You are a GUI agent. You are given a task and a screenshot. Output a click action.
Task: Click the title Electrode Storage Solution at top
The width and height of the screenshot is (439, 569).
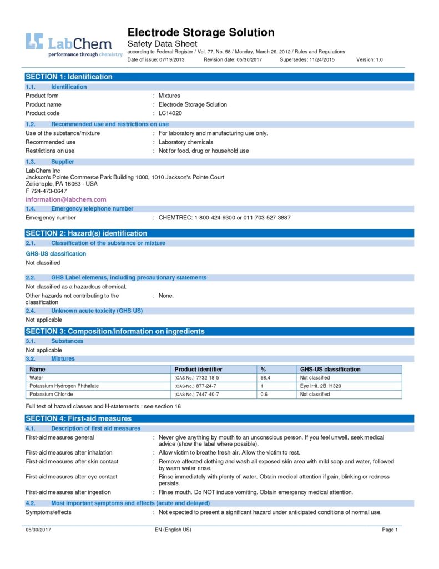tap(201, 32)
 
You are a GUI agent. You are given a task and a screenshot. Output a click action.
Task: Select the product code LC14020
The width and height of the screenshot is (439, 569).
tap(170, 113)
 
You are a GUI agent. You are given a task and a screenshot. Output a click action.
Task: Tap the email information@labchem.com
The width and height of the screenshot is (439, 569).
tap(66, 199)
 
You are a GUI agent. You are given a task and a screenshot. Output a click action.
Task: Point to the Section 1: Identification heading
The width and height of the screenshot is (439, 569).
tap(69, 77)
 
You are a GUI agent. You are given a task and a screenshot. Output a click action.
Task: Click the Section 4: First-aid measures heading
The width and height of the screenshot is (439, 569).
tap(78, 418)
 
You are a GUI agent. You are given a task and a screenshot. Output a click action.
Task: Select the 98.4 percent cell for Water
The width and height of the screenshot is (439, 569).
tap(266, 378)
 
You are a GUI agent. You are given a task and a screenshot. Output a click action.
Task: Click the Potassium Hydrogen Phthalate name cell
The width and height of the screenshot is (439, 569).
tap(64, 386)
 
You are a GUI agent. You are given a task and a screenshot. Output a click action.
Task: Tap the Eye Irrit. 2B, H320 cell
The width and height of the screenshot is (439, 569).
tap(321, 386)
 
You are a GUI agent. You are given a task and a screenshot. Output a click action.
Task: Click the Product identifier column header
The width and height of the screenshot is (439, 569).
tap(198, 369)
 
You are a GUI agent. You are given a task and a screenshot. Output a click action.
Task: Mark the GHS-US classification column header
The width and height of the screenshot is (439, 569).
tap(330, 369)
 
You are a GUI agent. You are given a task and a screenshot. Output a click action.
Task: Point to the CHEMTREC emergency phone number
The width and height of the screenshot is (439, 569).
tap(224, 218)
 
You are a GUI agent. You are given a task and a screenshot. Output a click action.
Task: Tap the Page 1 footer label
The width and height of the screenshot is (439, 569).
tap(390, 530)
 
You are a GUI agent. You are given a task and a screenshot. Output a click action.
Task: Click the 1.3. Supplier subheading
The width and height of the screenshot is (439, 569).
tap(62, 162)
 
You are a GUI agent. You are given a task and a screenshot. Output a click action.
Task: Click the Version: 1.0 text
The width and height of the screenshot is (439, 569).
tap(369, 59)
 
